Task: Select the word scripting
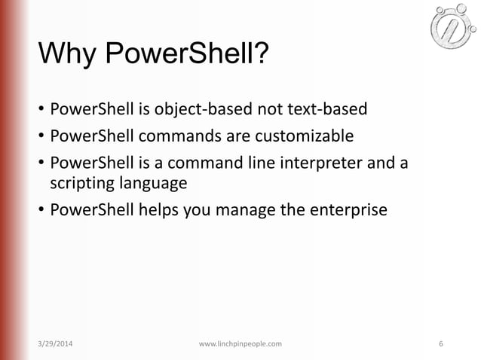click(x=79, y=183)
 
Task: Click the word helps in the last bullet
click(x=156, y=209)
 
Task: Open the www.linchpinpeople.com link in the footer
click(x=240, y=344)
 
